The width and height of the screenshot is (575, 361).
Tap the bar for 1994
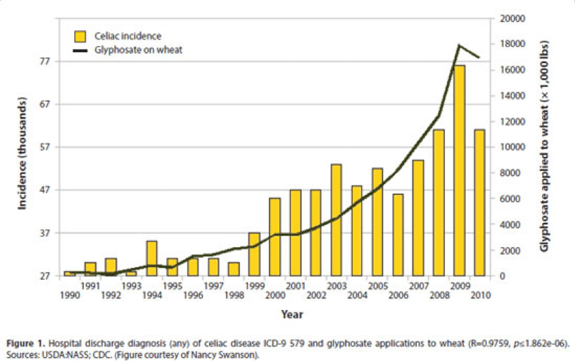pos(152,259)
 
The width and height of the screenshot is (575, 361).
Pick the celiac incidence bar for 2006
pos(398,235)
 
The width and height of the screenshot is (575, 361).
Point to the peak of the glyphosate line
pos(459,45)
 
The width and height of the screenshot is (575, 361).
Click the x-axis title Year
pos(292,313)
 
